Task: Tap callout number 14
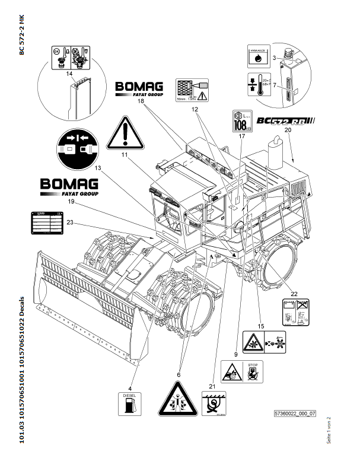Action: click(69, 74)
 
